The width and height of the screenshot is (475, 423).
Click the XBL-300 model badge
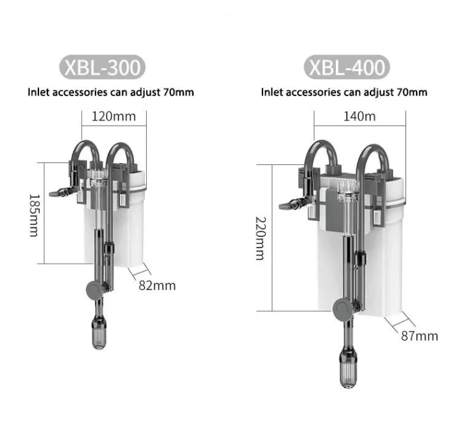tap(102, 67)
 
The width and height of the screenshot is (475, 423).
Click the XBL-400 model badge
tap(347, 67)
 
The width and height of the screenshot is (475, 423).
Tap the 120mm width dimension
tap(114, 116)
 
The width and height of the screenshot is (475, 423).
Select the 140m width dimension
tap(359, 116)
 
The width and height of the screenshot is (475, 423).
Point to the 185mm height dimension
tap(34, 216)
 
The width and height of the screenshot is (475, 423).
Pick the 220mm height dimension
tap(261, 238)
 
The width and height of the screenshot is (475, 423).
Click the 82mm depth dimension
tap(157, 286)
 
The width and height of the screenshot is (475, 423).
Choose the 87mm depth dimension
tap(420, 336)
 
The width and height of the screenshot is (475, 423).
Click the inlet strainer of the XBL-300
tap(99, 332)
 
